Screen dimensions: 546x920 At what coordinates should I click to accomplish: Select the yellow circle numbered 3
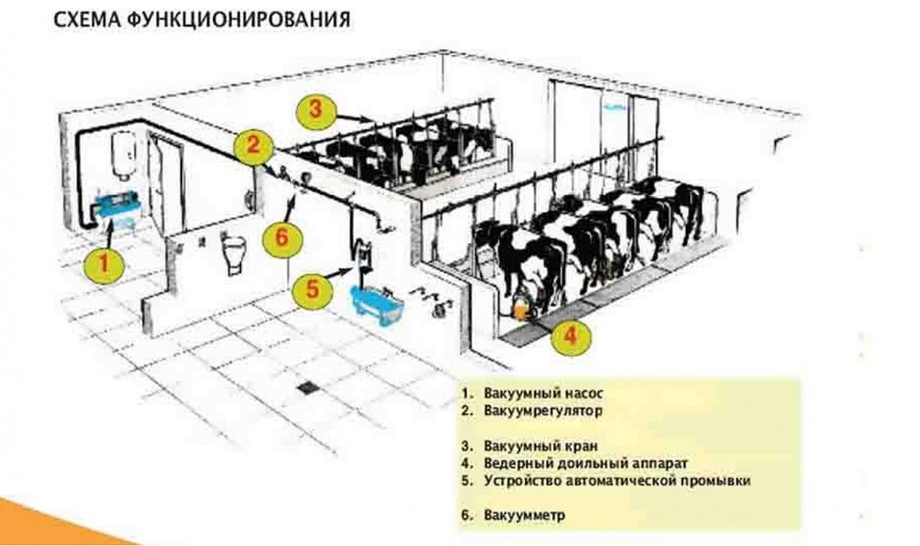pyautogui.click(x=315, y=109)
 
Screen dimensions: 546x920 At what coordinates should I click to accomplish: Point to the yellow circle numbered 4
pyautogui.click(x=570, y=336)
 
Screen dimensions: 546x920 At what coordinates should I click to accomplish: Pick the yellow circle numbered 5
pyautogui.click(x=312, y=290)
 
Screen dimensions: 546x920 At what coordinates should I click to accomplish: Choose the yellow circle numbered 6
pyautogui.click(x=280, y=236)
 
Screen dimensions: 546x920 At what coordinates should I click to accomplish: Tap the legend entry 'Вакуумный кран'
pyautogui.click(x=537, y=445)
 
